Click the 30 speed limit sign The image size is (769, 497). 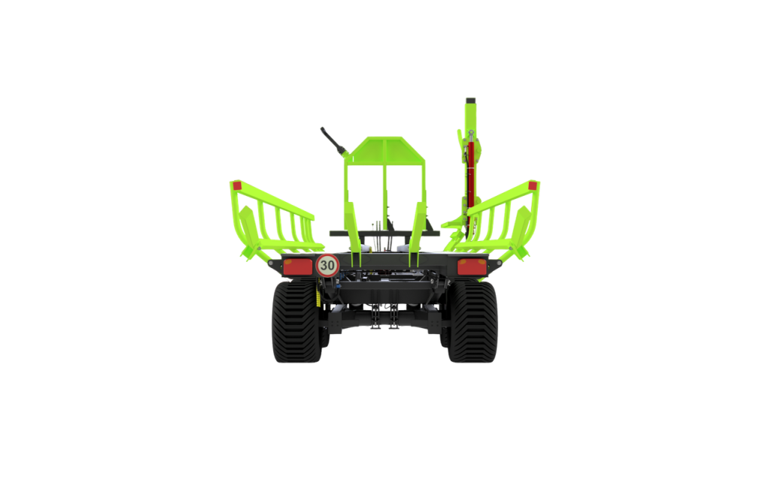click(327, 266)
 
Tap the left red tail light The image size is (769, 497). click(297, 267)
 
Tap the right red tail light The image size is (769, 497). click(472, 267)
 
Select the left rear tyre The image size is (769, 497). click(296, 321)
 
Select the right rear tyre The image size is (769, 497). click(473, 321)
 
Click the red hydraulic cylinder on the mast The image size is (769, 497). click(472, 173)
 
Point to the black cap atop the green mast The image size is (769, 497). click(471, 101)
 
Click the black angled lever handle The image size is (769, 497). click(333, 140)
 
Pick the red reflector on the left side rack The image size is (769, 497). click(237, 185)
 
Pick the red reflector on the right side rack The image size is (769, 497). click(532, 185)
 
